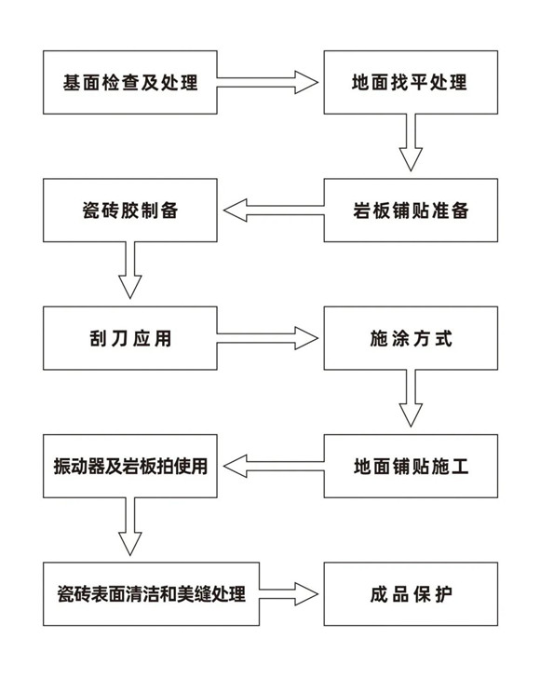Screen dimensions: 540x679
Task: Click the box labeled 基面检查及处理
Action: (x=129, y=82)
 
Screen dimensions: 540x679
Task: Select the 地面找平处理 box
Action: (x=411, y=82)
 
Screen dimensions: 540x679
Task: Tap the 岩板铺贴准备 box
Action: (x=411, y=210)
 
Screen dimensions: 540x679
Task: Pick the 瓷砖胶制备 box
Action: (x=129, y=210)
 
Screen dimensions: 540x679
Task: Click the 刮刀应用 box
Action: (x=129, y=338)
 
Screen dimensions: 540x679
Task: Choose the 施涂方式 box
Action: (x=411, y=338)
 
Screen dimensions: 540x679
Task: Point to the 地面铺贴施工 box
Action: (x=411, y=466)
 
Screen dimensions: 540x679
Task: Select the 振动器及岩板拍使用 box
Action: (x=129, y=466)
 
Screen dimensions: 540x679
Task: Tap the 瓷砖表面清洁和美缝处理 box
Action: (x=151, y=593)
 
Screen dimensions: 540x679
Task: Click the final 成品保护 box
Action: (x=411, y=593)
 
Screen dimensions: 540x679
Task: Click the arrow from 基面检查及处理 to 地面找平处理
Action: (x=267, y=82)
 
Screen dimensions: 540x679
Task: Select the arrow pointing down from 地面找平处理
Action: (x=411, y=143)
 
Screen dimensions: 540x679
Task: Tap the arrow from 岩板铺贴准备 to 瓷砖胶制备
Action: (x=274, y=210)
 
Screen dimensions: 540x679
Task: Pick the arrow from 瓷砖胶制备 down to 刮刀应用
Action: (x=129, y=270)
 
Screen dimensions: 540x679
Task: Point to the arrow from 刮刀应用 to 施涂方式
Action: (x=267, y=338)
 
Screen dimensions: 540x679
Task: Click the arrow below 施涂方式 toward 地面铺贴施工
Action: (x=411, y=399)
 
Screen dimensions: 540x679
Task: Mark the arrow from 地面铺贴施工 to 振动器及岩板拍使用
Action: (x=274, y=466)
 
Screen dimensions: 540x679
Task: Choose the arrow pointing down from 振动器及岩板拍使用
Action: (x=129, y=526)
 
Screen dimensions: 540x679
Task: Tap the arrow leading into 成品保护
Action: (x=289, y=593)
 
